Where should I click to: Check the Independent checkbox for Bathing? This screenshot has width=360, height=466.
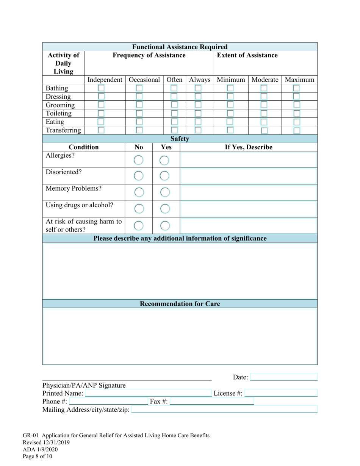coord(101,88)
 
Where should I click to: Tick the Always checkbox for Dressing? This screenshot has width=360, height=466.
coord(198,97)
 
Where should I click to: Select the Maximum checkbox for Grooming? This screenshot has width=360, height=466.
coord(297,105)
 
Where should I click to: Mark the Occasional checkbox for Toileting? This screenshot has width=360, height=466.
coord(139,113)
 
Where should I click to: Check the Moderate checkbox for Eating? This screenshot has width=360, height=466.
coord(264,122)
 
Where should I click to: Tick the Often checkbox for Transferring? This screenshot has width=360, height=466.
coord(174,130)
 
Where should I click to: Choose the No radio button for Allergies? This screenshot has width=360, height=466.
coord(139,161)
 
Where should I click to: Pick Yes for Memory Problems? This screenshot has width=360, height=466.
coord(164,192)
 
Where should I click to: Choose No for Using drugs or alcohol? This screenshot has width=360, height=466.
coord(139,209)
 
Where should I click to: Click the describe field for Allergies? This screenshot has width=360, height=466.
coord(249,160)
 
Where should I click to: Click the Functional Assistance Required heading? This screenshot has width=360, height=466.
coord(180,47)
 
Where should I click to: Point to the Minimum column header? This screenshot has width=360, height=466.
coord(231,80)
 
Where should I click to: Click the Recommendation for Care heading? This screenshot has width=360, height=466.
coord(180,304)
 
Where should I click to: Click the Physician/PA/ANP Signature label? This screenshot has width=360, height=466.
coord(84,386)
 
